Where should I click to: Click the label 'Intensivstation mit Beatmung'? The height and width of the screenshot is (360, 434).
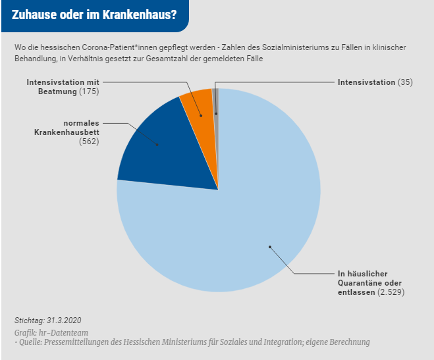pyautogui.click(x=63, y=87)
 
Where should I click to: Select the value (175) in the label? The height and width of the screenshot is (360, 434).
pyautogui.click(x=88, y=91)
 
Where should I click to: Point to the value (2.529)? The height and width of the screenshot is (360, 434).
pyautogui.click(x=391, y=291)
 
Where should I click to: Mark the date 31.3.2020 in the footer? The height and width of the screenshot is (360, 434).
pyautogui.click(x=68, y=321)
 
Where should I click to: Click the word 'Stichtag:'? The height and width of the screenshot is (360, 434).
pyautogui.click(x=29, y=321)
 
